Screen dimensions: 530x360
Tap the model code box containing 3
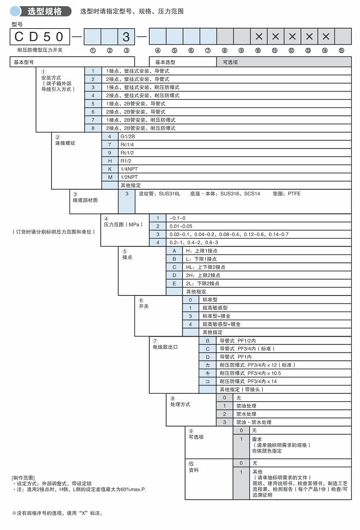point(127,36)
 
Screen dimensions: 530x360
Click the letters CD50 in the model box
point(40,36)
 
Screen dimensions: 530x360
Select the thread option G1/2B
point(127,136)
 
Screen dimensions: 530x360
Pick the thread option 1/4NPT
point(129,169)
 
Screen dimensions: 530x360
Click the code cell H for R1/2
point(110,161)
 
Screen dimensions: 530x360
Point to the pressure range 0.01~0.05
point(181,226)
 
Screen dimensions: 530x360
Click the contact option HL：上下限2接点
point(205,267)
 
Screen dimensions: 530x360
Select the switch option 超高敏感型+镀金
point(221,324)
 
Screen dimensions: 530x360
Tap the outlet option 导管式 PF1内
point(236,356)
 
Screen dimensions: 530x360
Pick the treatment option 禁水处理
point(246,414)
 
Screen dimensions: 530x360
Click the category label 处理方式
point(180,404)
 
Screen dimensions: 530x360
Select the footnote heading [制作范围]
point(23,478)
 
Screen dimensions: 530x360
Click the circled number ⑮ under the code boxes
point(342,50)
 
